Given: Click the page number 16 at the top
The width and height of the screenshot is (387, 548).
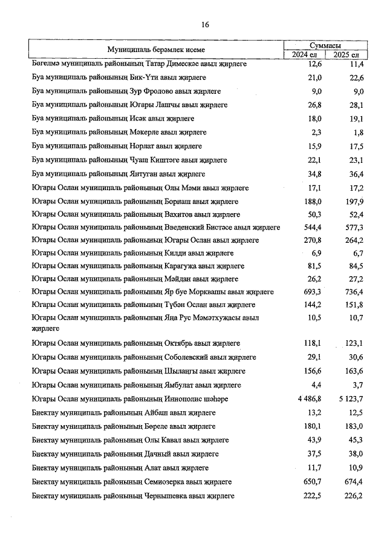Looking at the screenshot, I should pyautogui.click(x=205, y=24).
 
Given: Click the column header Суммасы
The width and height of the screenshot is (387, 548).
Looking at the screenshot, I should pyautogui.click(x=325, y=45).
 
